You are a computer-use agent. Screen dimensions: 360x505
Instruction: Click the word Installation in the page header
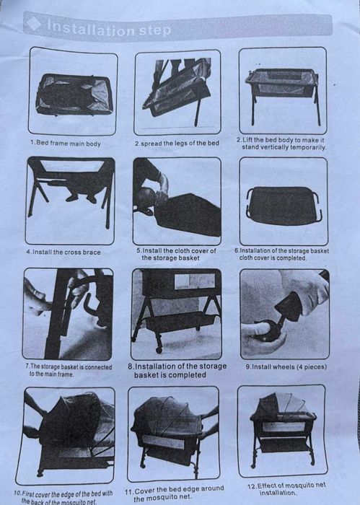pos(91,28)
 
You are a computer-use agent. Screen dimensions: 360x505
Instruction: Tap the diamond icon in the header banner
pos(34,24)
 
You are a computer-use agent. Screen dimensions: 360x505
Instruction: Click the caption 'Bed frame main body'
pos(69,144)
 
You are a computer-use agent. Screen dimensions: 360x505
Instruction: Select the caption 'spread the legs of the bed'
pos(180,144)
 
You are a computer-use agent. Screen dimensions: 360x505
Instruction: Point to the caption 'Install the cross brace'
pos(66,252)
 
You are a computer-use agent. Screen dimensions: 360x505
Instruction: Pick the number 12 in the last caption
pos(253,487)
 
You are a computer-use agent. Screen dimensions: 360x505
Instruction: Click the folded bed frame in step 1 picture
pos(75,95)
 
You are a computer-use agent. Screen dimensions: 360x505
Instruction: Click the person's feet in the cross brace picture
pos(82,198)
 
